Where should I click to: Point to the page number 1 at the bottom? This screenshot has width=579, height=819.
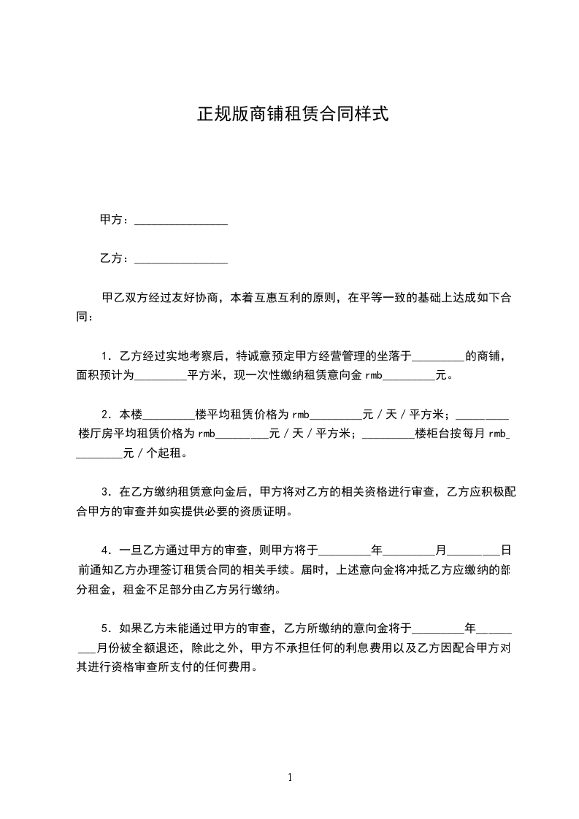coord(290,777)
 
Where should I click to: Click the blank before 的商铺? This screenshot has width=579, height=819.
coord(438,359)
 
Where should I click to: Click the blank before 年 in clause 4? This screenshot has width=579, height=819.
coord(345,552)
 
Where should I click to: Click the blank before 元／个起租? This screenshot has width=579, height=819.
coord(100,455)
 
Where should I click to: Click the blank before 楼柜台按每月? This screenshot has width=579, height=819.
coord(388,437)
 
